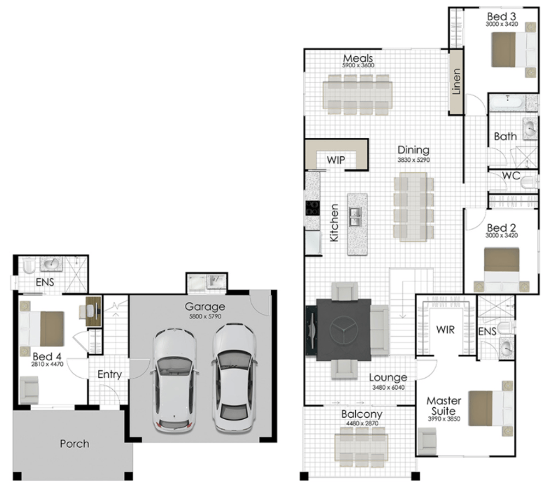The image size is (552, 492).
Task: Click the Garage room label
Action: tap(205, 306)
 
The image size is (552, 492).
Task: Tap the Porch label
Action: tap(74, 444)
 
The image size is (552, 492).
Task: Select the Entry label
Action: tap(109, 374)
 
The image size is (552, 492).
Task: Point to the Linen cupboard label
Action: tap(456, 81)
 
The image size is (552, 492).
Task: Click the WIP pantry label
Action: tap(336, 160)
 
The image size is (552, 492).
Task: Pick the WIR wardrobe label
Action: tap(445, 330)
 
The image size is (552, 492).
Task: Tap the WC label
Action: tap(511, 175)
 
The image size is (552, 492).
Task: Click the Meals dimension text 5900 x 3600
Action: tap(358, 66)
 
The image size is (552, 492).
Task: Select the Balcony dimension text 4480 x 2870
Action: tap(362, 423)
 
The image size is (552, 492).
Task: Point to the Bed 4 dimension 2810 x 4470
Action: tap(47, 364)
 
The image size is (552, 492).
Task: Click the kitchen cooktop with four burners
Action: tap(313, 208)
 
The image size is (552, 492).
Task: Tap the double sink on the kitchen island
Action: tap(355, 216)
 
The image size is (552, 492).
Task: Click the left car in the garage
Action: tap(174, 380)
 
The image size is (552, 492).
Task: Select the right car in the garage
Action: tap(234, 378)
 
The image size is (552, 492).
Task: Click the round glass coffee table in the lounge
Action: tap(344, 330)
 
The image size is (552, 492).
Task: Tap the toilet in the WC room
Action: tap(530, 183)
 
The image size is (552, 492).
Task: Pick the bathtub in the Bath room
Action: tap(507, 103)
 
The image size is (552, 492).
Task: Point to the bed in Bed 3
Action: tap(514, 49)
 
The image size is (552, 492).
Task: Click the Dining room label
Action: tap(413, 150)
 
